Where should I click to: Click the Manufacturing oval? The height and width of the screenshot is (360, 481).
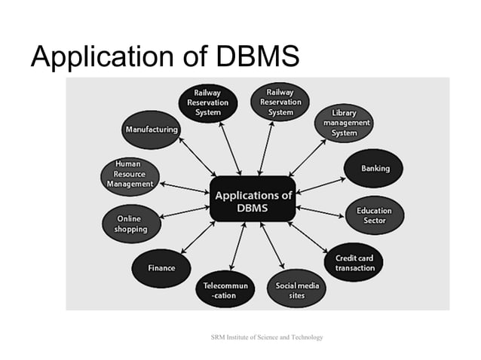click(152, 130)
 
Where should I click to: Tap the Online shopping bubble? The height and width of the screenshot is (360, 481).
click(130, 224)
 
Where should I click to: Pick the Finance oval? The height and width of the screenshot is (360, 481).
click(161, 267)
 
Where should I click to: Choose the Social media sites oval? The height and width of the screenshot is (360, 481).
click(297, 290)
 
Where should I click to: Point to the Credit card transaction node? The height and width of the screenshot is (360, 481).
click(354, 263)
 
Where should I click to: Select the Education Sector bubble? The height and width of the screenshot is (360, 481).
click(374, 215)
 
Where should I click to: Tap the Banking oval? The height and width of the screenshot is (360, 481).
click(375, 169)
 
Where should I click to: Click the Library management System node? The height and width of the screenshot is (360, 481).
click(346, 123)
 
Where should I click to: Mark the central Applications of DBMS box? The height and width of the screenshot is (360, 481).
click(253, 200)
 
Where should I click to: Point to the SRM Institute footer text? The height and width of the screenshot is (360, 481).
click(267, 337)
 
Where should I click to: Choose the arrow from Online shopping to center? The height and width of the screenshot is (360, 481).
click(185, 212)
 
